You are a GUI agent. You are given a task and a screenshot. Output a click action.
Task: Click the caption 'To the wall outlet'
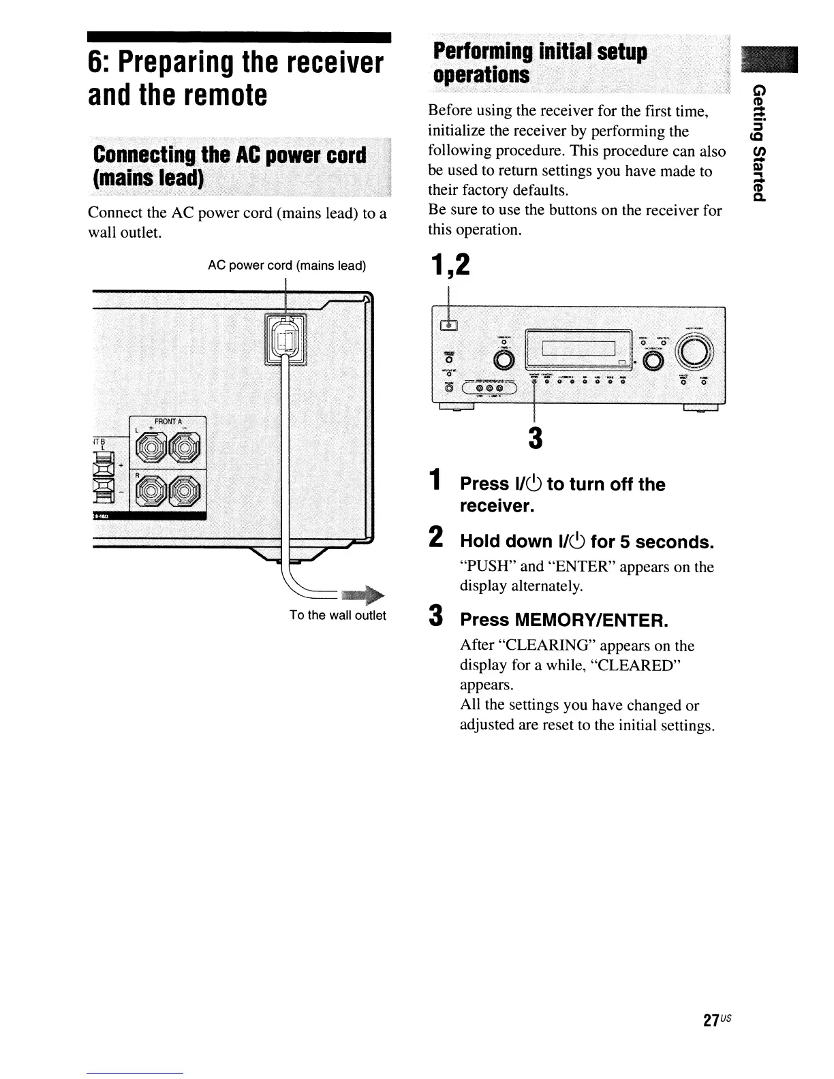coord(337,616)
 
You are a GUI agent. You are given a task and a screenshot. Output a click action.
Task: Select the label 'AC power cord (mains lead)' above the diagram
coord(286,266)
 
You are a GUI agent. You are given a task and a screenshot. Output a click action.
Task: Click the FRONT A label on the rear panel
coord(166,421)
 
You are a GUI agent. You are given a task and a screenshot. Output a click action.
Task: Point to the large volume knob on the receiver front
coord(694,353)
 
